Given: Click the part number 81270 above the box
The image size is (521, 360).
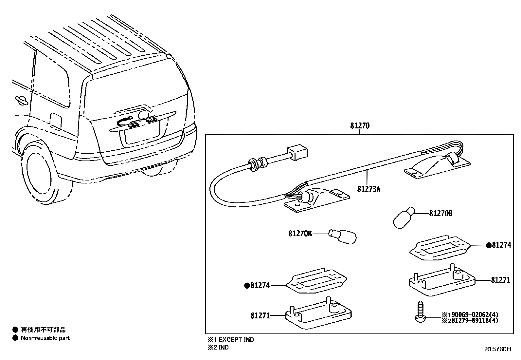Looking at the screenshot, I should click(360, 126).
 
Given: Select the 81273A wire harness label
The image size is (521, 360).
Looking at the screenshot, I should click(368, 189).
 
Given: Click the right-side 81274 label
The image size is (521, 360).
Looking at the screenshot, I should click(501, 245).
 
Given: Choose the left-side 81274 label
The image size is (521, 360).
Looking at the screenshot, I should click(260, 286).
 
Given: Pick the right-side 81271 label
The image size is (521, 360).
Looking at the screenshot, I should click(500, 280).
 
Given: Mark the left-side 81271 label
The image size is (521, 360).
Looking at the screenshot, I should click(260, 316).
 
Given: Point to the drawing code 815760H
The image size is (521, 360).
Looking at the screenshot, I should click(497, 349).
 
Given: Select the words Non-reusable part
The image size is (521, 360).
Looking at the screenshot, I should click(45, 338).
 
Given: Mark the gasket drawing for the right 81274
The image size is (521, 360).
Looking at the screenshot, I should click(440, 247).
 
